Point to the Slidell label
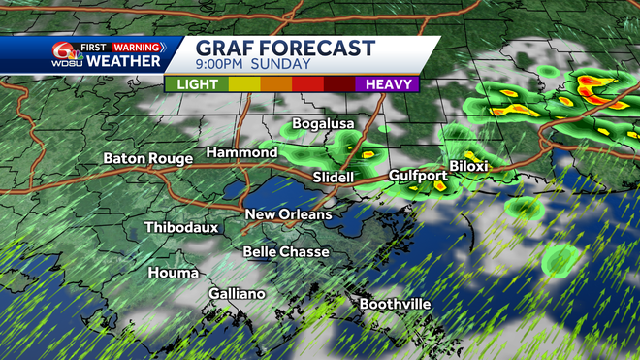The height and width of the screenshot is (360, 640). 335,178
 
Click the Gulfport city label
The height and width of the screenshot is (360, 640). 417,176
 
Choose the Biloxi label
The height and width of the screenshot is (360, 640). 468,167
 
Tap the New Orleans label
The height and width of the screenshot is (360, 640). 288,214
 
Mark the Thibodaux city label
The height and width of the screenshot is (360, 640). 181,228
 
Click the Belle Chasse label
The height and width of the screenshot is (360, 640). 285,252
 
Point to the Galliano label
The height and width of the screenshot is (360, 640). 237,294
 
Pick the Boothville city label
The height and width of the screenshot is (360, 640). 395,305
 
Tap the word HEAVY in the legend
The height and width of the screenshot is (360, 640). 386,84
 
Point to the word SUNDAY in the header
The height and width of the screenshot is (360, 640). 283,65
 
